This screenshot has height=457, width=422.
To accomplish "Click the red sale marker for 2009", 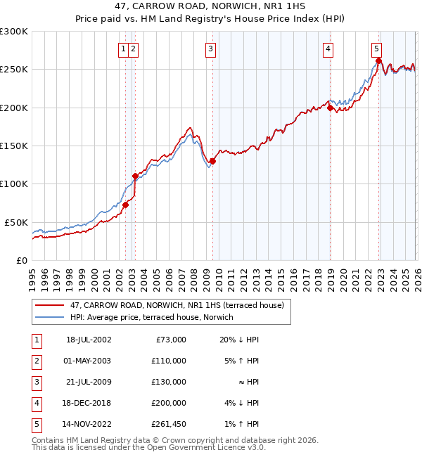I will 212,161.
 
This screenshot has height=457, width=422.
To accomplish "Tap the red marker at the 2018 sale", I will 330,108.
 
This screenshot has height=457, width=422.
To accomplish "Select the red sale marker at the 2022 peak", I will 378,61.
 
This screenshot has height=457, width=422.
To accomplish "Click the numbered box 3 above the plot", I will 210,49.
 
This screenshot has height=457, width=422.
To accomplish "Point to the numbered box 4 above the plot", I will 328,49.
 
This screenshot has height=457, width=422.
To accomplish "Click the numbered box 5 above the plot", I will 376,49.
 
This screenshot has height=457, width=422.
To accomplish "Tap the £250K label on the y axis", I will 14,70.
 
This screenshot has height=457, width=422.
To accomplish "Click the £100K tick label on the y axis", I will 14,184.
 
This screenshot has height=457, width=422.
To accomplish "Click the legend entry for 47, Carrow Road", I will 177,305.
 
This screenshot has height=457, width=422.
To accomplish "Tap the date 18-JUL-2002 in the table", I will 88,340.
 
